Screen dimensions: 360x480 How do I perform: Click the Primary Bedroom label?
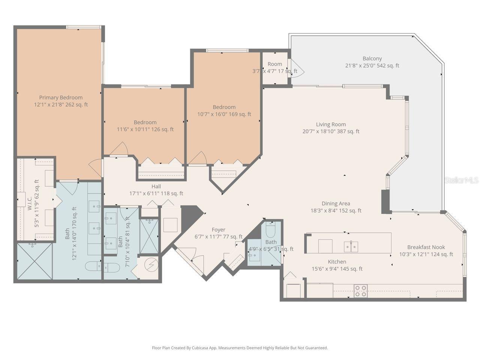tap(61, 98)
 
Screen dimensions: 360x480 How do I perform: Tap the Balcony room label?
tap(372, 58)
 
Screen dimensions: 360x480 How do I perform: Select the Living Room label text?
tap(331, 124)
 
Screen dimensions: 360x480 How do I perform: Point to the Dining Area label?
tap(336, 204)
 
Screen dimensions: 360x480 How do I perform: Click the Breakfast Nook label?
tap(426, 247)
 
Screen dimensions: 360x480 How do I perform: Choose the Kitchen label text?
tap(337, 262)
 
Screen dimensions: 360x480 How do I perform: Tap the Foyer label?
tap(218, 230)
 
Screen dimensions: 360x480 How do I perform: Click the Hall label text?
tap(156, 186)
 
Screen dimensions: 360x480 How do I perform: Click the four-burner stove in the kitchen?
tap(361, 291)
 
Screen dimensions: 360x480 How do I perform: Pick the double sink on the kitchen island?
tap(351, 247)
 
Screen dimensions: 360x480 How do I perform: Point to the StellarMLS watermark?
tap(461, 180)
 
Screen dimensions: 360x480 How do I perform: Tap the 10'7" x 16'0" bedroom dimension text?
tap(224, 114)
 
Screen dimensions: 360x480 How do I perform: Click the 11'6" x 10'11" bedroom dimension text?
tap(145, 129)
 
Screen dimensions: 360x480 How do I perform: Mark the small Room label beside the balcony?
tap(274, 64)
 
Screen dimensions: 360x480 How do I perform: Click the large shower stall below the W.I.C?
tap(34, 261)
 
